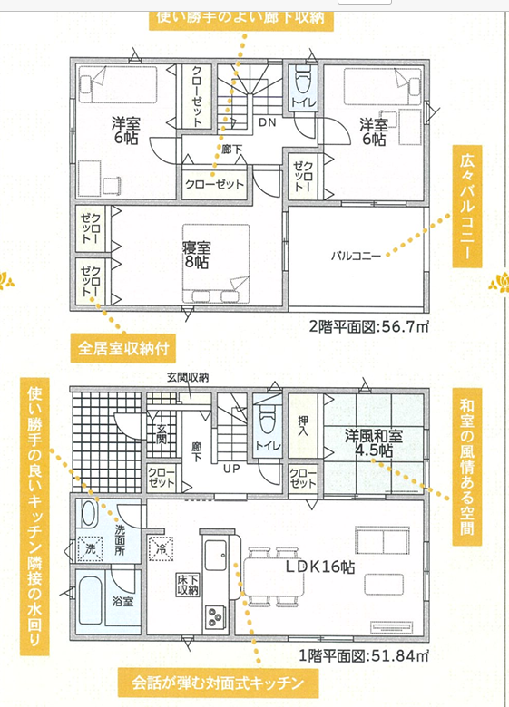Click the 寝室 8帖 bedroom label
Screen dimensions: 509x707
tap(196, 255)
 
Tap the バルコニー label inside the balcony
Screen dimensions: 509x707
tap(356, 257)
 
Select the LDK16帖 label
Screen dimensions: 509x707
tap(320, 567)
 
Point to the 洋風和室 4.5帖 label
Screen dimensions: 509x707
tap(374, 442)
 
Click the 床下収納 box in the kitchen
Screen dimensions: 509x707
tap(188, 586)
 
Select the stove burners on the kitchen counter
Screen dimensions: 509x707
tap(214, 616)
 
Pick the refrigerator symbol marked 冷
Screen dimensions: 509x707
tap(161, 548)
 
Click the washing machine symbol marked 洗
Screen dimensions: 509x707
tap(90, 548)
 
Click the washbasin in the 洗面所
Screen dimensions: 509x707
tap(88, 514)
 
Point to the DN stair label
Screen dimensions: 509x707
tap(267, 122)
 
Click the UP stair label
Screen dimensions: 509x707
tap(231, 469)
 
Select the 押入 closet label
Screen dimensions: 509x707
tap(303, 425)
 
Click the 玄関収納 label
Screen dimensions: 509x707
tap(188, 378)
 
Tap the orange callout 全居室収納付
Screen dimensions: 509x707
tap(123, 348)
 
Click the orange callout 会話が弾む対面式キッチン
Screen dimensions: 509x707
tap(218, 683)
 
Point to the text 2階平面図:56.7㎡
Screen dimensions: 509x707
tap(368, 326)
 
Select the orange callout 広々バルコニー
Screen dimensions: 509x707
tap(467, 207)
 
